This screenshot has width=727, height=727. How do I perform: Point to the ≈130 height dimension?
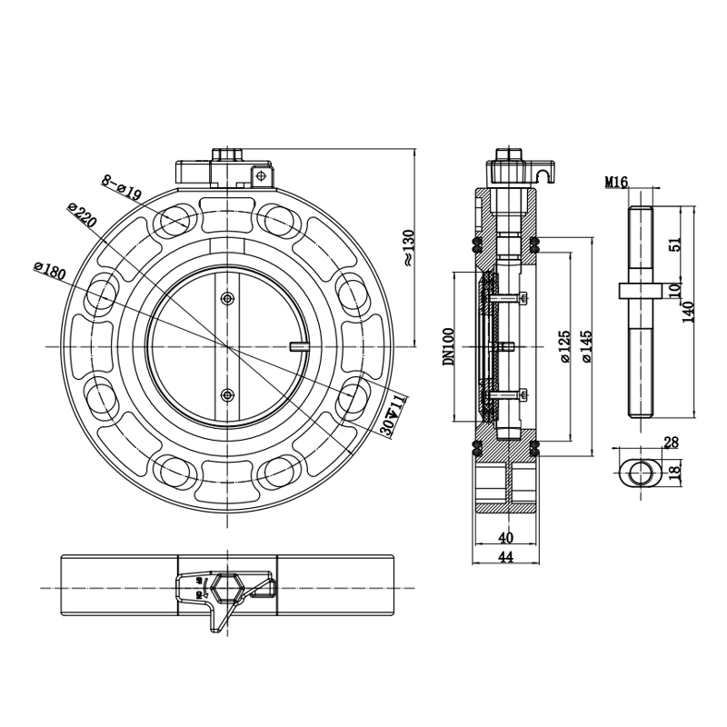point(408,246)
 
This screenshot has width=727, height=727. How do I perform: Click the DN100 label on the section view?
point(447,346)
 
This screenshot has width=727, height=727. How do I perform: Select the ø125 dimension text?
point(565,346)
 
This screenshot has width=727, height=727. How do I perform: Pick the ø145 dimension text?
point(586,346)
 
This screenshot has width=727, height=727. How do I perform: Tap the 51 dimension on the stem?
point(673,244)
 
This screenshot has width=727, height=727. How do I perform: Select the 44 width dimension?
point(505,557)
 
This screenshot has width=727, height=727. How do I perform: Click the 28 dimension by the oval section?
point(671,443)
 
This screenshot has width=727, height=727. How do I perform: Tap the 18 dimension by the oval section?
point(672,471)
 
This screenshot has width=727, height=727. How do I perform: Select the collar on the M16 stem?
point(640,290)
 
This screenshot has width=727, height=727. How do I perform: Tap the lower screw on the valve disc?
point(227,393)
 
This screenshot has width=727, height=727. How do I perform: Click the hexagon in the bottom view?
point(227,589)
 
